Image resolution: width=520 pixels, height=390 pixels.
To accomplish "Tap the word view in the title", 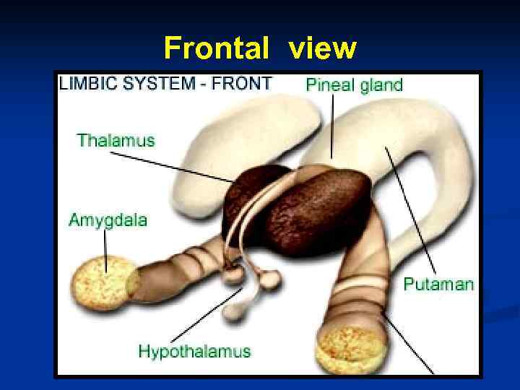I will (322, 48).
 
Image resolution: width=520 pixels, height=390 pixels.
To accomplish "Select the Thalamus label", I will (116, 140).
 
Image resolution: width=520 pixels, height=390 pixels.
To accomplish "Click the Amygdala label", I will (108, 220).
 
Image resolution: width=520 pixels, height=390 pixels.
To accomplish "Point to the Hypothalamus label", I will (194, 352).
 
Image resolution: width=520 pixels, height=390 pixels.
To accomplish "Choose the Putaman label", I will (438, 283).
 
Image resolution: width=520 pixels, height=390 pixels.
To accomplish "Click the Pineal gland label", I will (354, 84).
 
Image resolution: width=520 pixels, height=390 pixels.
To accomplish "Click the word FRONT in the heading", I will (243, 83).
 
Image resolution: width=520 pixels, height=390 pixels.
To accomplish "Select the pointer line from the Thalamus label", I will (181, 165).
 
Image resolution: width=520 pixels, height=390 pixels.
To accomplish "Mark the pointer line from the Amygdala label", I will (107, 249).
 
